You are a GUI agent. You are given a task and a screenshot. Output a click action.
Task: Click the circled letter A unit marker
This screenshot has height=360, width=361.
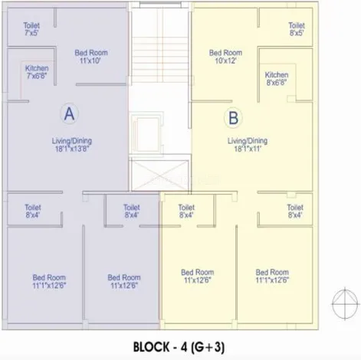click(70, 113)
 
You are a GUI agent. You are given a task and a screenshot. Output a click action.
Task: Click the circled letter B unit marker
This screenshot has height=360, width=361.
click(233, 118)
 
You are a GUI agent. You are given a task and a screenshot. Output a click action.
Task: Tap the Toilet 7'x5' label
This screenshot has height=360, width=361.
click(31, 29)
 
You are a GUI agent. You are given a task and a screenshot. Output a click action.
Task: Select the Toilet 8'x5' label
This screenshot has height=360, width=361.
click(297, 29)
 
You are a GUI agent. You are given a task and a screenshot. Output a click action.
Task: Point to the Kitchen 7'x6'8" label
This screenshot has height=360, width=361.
click(37, 72)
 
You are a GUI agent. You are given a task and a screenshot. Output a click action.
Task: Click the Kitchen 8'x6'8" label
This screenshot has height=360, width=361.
click(277, 79)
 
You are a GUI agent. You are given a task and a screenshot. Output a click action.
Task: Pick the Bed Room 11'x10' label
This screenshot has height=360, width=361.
click(91, 57)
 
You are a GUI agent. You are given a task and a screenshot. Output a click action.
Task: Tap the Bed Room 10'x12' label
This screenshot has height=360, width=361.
click(225, 57)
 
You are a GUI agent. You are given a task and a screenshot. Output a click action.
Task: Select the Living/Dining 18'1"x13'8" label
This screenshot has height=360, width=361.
click(72, 145)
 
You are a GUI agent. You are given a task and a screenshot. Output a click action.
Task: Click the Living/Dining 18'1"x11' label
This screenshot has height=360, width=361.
click(248, 145)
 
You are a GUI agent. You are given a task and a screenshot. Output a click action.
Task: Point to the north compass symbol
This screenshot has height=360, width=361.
click(345, 304)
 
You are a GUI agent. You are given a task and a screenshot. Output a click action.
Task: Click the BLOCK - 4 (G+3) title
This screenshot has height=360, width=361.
click(179, 347)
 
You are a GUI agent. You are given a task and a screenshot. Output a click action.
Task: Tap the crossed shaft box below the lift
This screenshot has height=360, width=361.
click(160, 175)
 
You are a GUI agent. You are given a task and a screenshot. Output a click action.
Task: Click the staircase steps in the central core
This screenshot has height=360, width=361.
click(160, 59)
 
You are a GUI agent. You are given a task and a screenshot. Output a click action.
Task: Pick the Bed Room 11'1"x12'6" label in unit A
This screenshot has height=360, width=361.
click(49, 281)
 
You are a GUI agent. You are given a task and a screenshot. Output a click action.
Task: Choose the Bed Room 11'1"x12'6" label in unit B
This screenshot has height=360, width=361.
click(272, 276)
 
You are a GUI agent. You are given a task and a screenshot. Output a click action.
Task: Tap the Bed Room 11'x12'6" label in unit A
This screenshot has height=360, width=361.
click(124, 281)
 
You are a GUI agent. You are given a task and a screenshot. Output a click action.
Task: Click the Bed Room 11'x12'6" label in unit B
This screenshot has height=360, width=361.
click(198, 276)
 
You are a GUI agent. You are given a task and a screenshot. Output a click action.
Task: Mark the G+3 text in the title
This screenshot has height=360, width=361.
click(208, 347)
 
